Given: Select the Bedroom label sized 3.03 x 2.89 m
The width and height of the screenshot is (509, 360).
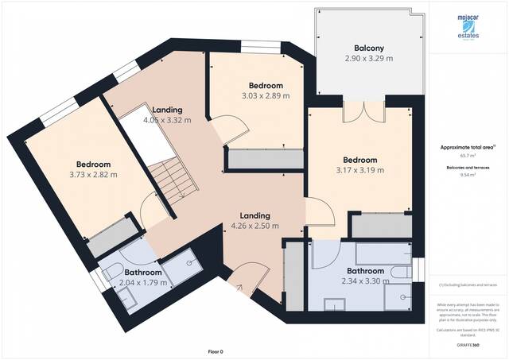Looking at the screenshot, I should (266, 85).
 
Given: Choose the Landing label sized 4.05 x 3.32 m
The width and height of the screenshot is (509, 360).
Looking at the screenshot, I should (162, 110).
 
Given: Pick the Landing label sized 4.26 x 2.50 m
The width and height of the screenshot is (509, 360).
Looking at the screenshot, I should (249, 215).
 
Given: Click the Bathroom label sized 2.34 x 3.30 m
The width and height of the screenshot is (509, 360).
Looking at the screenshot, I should (362, 271).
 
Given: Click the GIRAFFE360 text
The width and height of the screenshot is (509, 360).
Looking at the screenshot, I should (468, 345).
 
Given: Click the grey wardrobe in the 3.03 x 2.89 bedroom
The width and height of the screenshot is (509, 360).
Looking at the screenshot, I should (266, 159).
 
